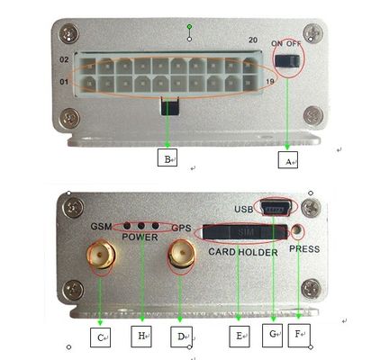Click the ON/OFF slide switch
click(287, 61)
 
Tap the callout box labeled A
click(288, 160)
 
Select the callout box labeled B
click(167, 157)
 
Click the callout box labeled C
click(100, 337)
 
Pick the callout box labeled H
click(141, 337)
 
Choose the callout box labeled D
click(181, 337)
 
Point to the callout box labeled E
click(240, 337)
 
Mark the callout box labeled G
click(272, 335)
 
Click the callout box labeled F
click(299, 336)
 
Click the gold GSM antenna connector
click(101, 254)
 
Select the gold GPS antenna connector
click(182, 255)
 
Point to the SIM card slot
click(245, 232)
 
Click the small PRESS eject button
click(297, 230)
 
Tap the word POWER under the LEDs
click(140, 238)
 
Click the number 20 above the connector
click(253, 40)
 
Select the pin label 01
click(64, 82)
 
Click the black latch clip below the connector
click(170, 106)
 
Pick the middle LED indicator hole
click(141, 225)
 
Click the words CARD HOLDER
click(243, 252)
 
